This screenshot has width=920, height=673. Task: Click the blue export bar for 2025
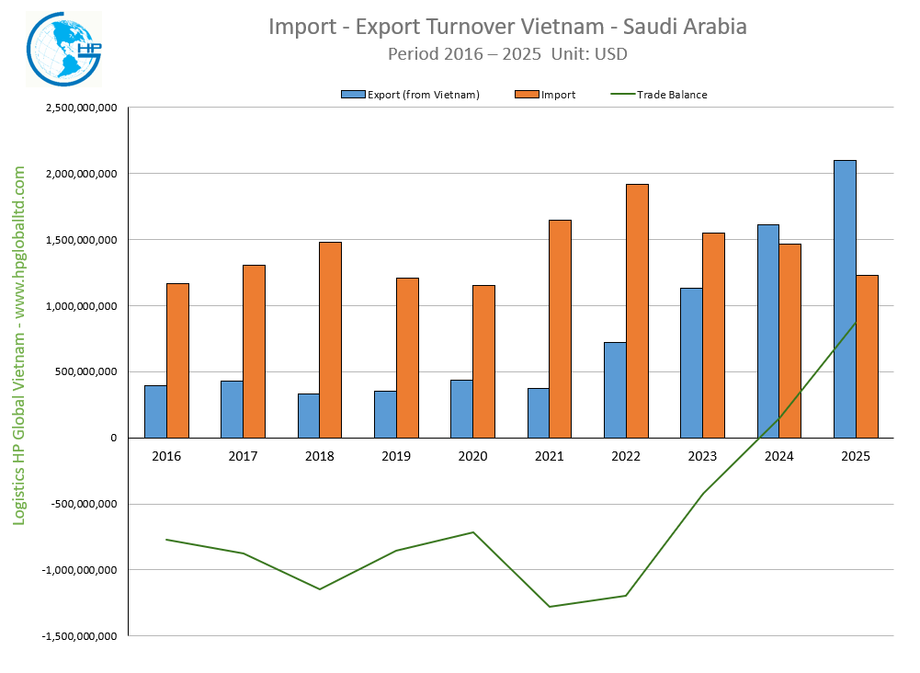(845, 299)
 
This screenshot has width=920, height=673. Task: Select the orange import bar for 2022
(637, 311)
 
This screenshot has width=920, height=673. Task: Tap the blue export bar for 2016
(155, 411)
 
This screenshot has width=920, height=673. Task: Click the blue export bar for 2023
(691, 362)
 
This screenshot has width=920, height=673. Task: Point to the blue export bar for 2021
(539, 413)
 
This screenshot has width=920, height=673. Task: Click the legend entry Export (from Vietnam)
(410, 95)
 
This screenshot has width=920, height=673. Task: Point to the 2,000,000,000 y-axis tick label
(81, 174)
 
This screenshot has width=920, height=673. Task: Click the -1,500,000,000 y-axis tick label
(79, 636)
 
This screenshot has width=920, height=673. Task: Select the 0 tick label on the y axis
(113, 438)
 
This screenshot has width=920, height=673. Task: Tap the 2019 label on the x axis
(396, 455)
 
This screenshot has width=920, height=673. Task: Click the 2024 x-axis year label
(779, 455)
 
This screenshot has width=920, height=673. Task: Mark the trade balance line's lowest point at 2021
(550, 607)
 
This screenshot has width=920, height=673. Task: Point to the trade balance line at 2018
(320, 589)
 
